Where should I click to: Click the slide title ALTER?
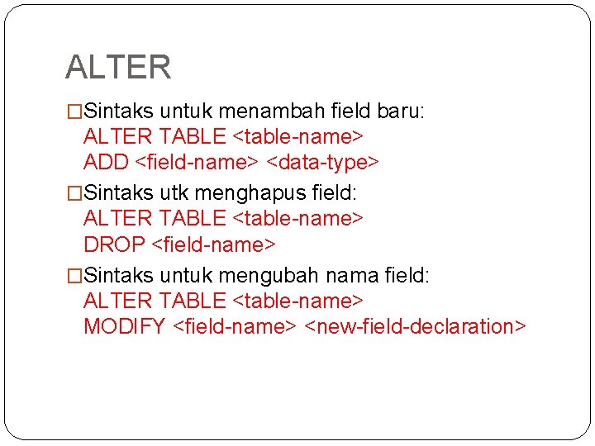point(118,67)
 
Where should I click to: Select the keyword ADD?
point(106,162)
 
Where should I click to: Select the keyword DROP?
point(115,244)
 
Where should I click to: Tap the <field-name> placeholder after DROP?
point(214,244)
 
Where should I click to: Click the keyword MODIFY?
point(125,326)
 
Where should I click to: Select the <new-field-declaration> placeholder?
point(415,326)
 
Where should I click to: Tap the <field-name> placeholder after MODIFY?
point(235,326)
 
